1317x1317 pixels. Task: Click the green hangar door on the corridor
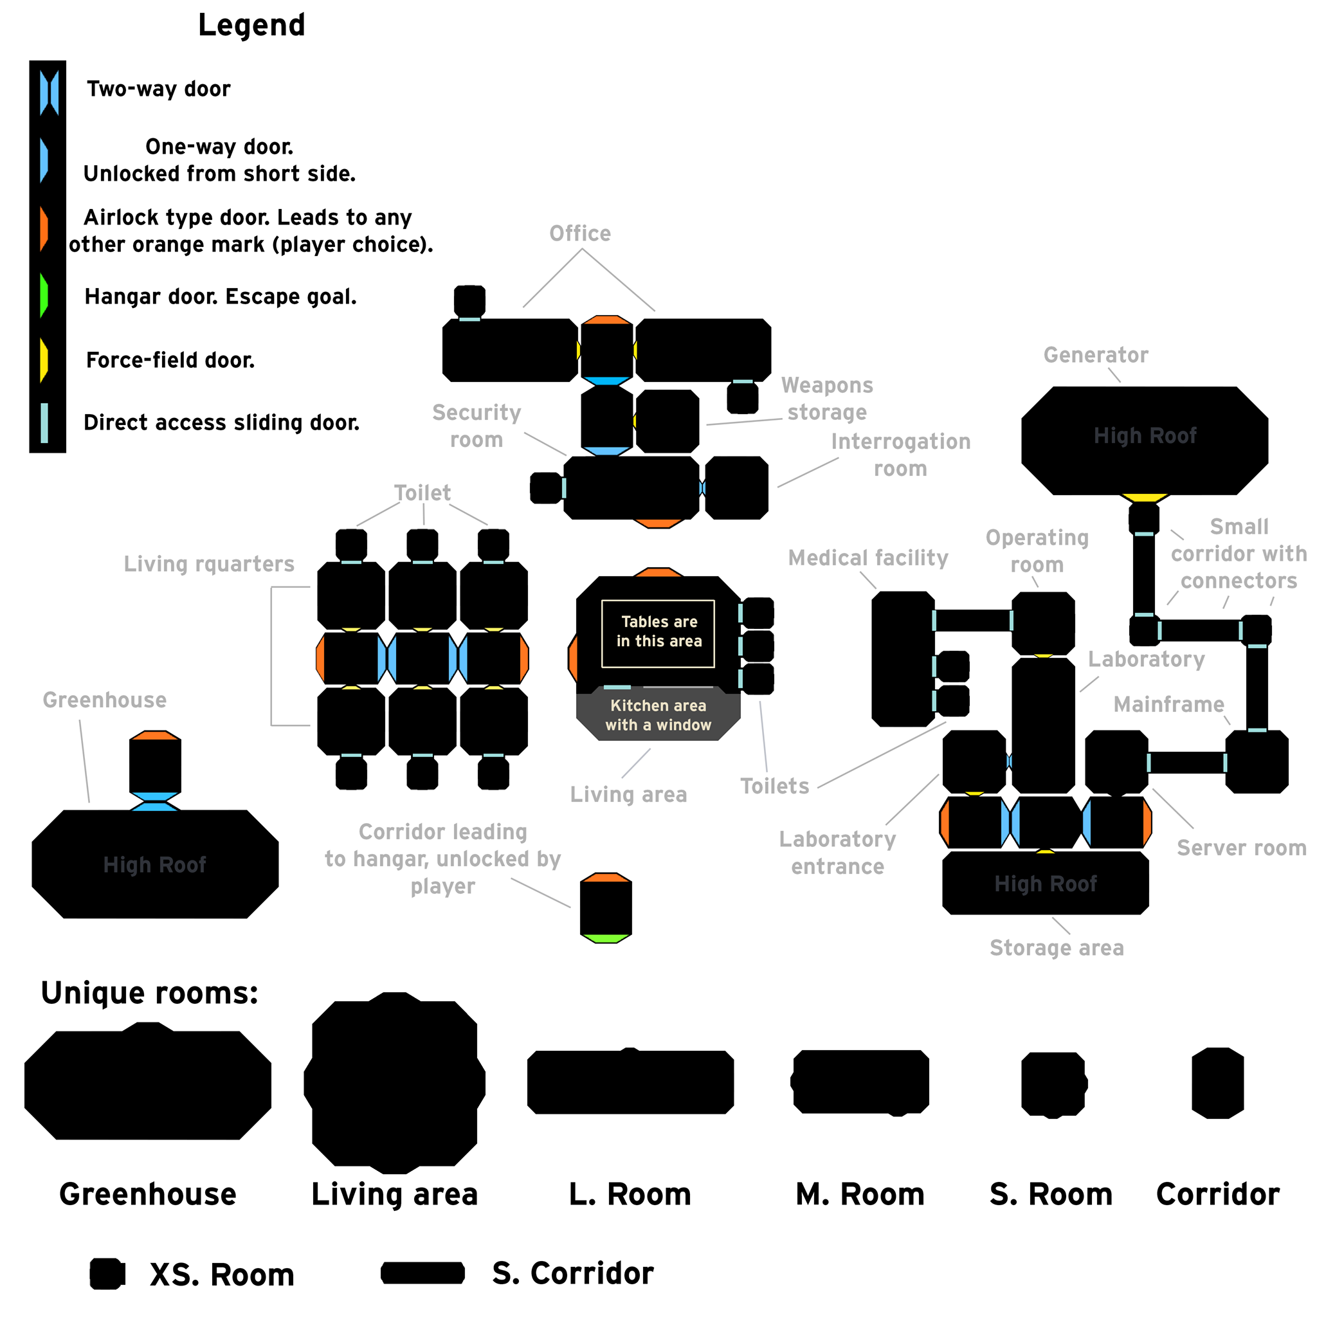point(605,939)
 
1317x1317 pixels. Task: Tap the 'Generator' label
point(1095,355)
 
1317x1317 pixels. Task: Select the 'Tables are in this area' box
point(658,633)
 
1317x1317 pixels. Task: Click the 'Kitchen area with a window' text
point(658,715)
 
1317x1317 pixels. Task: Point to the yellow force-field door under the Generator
point(1145,498)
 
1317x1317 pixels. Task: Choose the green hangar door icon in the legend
point(44,296)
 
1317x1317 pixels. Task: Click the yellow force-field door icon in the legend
point(44,359)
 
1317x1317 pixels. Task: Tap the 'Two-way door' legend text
point(158,89)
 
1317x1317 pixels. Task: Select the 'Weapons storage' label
point(827,399)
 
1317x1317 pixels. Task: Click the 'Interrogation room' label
point(900,455)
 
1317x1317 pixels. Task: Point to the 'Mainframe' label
point(1168,704)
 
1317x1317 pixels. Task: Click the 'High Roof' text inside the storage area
point(1045,884)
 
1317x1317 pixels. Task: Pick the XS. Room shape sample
point(107,1273)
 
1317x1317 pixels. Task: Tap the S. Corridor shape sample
point(422,1272)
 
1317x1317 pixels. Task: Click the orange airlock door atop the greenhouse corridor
point(155,736)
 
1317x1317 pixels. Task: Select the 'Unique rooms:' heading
point(149,992)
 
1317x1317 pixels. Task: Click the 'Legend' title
point(251,25)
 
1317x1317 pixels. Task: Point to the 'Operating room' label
point(1037,551)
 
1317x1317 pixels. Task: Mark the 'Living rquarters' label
point(208,564)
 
